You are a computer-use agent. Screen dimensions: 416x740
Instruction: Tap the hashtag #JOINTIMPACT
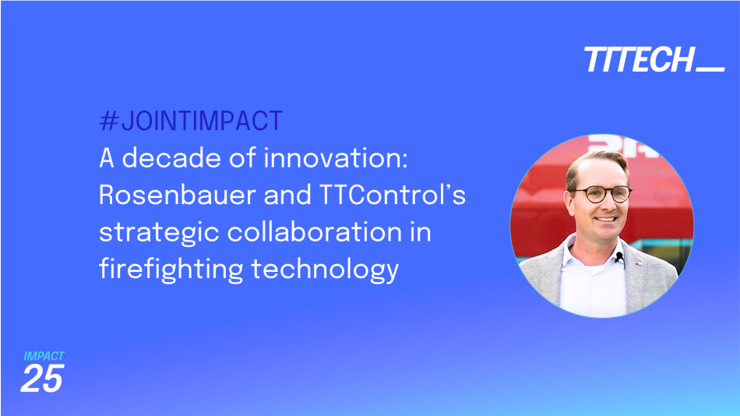coord(191,122)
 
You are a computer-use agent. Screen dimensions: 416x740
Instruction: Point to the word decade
coord(169,159)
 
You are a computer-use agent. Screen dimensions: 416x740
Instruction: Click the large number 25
coord(41,379)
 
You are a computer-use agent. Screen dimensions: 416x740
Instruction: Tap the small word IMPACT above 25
coord(44,356)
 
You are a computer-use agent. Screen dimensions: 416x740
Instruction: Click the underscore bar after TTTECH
coord(710,69)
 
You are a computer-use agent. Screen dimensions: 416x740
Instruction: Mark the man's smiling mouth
coord(602,220)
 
